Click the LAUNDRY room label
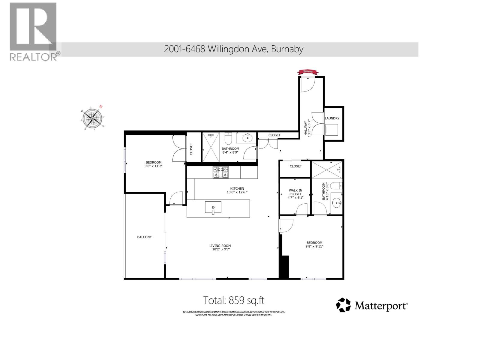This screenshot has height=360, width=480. [x=332, y=118]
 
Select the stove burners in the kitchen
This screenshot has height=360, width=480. [x=220, y=172]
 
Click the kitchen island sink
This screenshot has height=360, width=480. [x=213, y=207]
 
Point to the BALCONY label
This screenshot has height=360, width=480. [x=144, y=237]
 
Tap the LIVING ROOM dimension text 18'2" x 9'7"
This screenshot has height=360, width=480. [x=220, y=249]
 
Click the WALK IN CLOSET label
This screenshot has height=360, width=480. [x=295, y=192]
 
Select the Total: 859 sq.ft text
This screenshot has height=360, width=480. [x=233, y=300]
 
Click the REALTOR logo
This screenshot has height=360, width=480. [x=33, y=31]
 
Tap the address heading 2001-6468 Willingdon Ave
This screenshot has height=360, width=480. [x=233, y=49]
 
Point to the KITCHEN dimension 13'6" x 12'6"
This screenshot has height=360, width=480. [x=237, y=192]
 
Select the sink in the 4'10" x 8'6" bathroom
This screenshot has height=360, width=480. [x=337, y=203]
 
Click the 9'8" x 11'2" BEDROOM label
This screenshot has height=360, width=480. [x=153, y=164]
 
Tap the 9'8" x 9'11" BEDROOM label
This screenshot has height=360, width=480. [x=314, y=244]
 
